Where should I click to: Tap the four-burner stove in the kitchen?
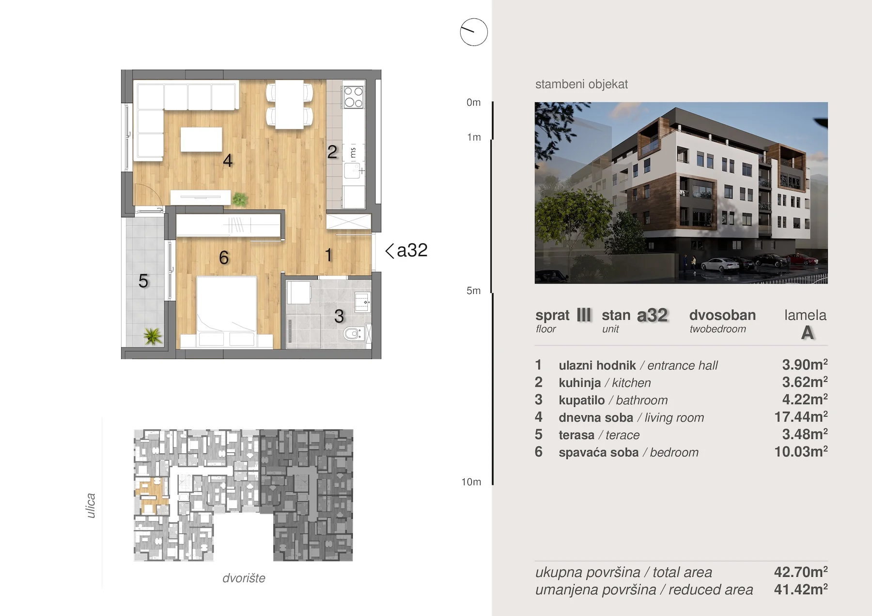[353, 97]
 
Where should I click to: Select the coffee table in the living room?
[201, 139]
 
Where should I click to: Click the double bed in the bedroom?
[226, 312]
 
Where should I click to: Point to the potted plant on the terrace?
[153, 336]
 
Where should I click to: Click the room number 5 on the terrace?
[143, 281]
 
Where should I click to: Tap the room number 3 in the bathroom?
[339, 316]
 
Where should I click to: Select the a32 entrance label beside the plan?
[406, 251]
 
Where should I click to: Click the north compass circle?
[474, 32]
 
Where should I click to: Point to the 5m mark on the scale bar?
[473, 291]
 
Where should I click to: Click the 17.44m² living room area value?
[801, 417]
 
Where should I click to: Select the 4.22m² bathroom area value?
[805, 399]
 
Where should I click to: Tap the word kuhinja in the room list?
[579, 383]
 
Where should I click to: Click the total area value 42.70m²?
[801, 572]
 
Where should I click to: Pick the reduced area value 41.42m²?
[801, 589]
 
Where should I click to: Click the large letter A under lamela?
[807, 333]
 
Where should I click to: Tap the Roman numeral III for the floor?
[584, 316]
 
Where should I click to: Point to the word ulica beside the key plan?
[91, 506]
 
